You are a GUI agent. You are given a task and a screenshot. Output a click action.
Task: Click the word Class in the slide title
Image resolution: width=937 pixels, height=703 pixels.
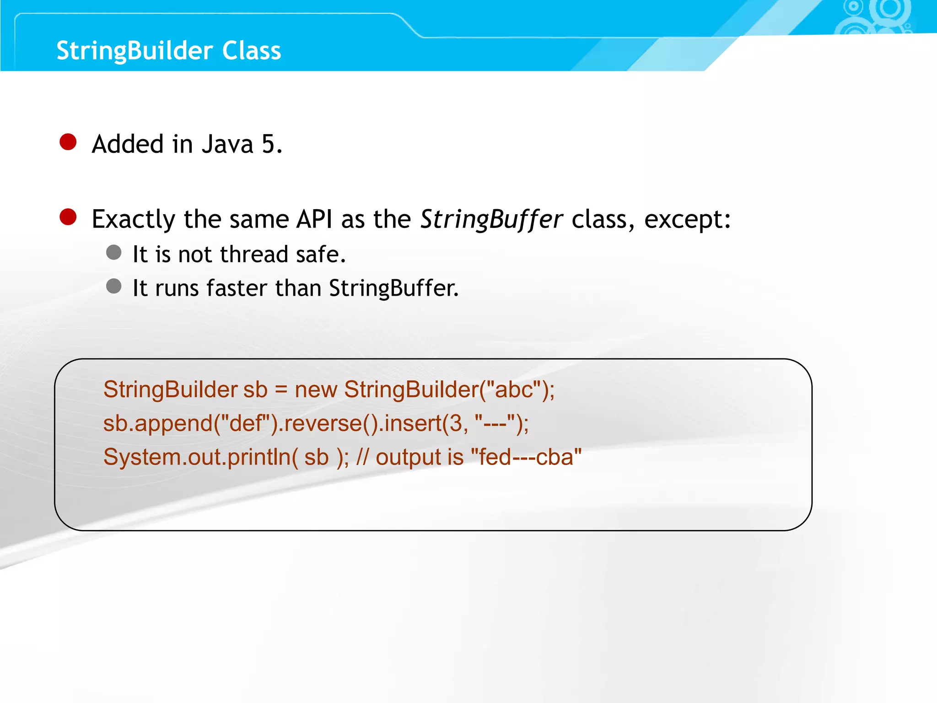(251, 50)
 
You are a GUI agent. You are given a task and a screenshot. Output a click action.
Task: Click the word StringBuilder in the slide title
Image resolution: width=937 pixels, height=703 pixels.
(135, 50)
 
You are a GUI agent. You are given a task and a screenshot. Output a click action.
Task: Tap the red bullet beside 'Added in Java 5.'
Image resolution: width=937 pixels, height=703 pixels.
(68, 142)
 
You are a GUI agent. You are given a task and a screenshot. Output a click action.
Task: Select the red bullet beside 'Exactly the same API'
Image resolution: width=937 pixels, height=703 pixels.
(68, 217)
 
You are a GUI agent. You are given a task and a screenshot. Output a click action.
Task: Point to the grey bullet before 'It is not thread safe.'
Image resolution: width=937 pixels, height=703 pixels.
(113, 252)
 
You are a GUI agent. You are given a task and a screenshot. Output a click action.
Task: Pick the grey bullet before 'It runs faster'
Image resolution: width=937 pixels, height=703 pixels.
(113, 287)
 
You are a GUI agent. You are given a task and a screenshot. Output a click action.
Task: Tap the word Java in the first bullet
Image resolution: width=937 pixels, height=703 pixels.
(227, 144)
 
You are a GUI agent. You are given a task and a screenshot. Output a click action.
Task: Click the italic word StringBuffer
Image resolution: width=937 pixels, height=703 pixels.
(491, 219)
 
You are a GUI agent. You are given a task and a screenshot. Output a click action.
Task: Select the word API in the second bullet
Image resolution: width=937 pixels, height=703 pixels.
(314, 219)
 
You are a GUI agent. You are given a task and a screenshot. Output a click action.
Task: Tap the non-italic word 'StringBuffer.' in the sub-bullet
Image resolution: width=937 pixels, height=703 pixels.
(393, 288)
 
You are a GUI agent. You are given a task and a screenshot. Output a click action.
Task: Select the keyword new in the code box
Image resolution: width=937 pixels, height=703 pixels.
(316, 389)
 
